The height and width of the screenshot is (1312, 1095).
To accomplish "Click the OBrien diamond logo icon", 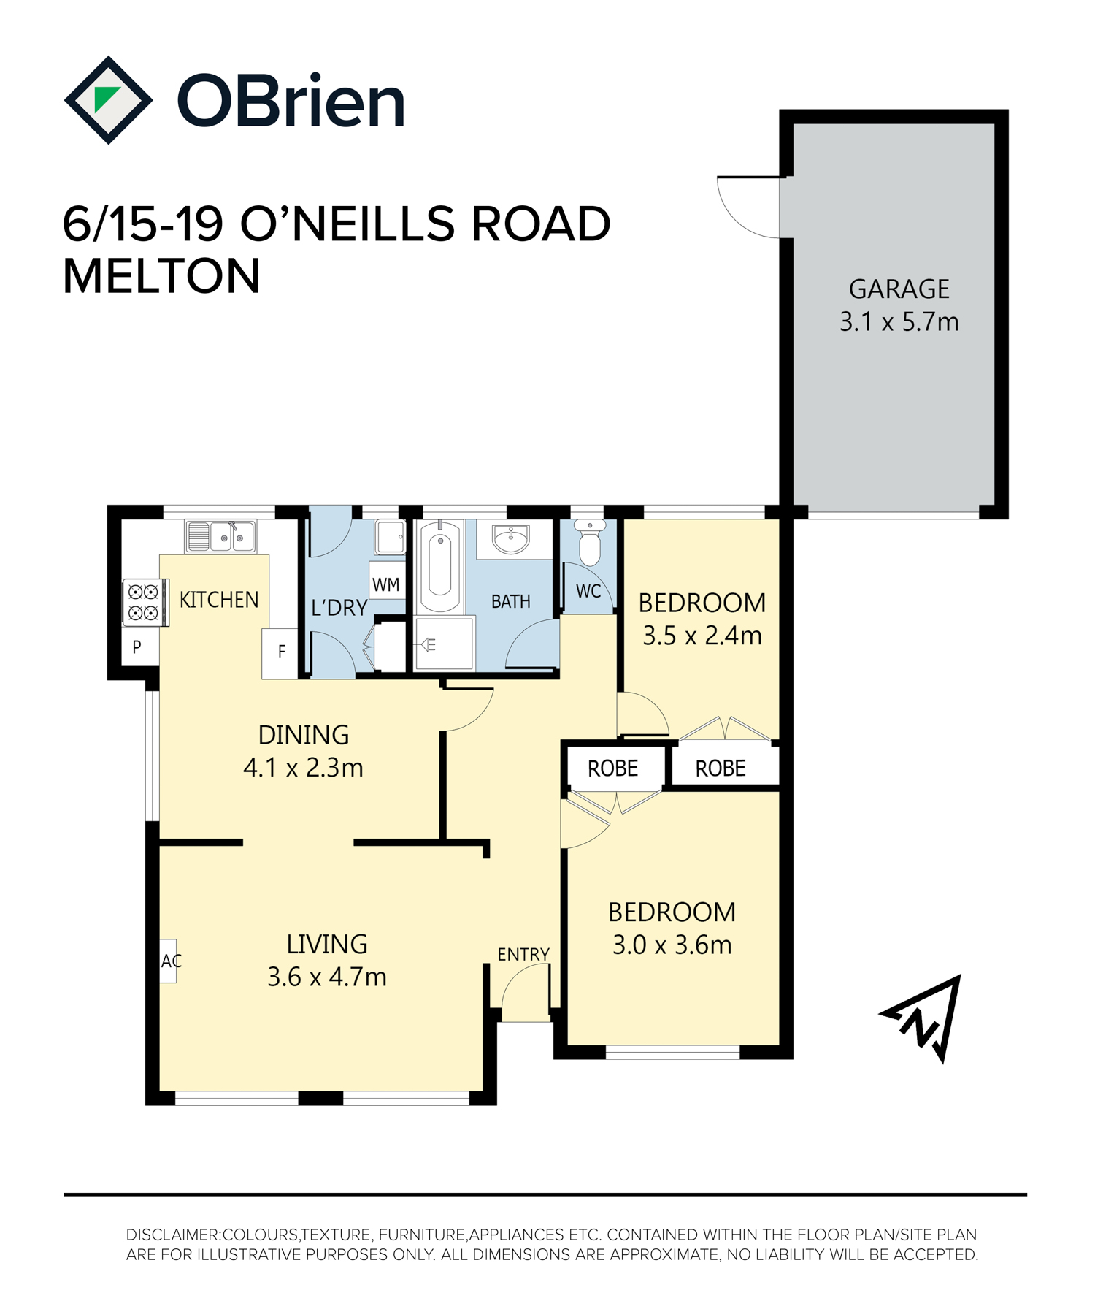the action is pos(108,100).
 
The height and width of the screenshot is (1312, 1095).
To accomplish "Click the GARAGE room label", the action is pos(899,289).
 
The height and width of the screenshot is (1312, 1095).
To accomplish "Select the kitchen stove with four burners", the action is pos(145,603).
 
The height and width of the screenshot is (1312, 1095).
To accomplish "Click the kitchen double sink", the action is pos(220,537).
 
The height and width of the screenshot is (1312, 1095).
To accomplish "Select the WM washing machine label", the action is pos(386,584).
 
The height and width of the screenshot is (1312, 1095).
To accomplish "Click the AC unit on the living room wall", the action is pos(169,961).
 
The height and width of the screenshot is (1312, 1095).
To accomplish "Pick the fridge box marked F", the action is pos(280,652).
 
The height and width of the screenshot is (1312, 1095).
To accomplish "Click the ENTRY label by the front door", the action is pos(523,954).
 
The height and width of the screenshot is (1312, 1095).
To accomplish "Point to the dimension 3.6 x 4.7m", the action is pos(326,977).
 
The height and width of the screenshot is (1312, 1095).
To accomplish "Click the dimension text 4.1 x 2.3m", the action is pos(303,768).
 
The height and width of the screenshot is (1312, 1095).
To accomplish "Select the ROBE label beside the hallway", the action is pos(612,768).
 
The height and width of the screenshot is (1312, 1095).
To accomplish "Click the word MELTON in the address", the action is pos(161,276).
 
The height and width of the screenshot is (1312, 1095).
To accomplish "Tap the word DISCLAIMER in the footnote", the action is pos(172,1235).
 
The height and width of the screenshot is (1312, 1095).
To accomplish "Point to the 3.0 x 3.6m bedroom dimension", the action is pos(672,945).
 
